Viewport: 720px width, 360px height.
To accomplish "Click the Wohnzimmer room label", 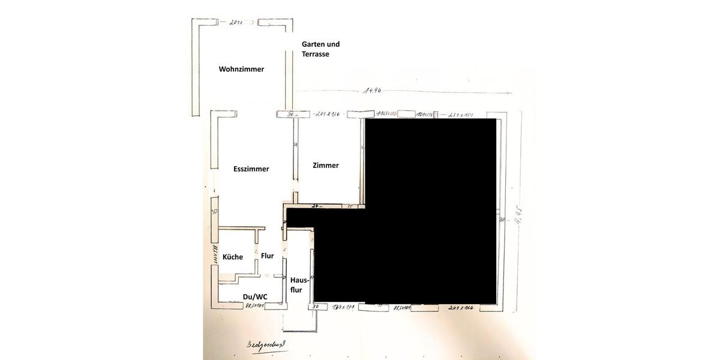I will (241, 69).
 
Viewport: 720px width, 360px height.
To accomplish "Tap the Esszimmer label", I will (251, 169).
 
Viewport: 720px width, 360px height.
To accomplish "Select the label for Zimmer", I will (326, 165).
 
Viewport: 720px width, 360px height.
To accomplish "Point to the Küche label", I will (233, 257).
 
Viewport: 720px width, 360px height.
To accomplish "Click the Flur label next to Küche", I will (267, 256).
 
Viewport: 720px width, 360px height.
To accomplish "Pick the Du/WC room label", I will (254, 296).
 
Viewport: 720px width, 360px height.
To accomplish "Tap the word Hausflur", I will (299, 284).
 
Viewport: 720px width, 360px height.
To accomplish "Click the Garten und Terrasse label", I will (320, 49).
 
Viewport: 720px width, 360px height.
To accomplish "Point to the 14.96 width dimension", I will (372, 91).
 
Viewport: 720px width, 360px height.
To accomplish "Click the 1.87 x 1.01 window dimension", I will (344, 307).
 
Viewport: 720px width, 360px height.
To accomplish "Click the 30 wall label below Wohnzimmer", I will (290, 113).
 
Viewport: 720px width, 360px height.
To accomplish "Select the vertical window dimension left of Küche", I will (212, 254).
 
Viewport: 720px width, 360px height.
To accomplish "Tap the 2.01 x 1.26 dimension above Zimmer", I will (328, 113).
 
